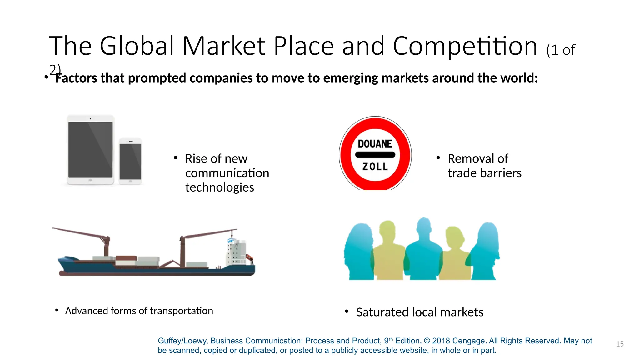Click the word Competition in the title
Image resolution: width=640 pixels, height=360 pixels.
[x=465, y=46]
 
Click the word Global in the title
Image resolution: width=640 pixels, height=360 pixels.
[x=137, y=46]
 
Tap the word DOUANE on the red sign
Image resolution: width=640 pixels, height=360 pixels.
[x=375, y=144]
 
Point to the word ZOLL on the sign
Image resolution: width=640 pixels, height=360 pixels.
[x=375, y=167]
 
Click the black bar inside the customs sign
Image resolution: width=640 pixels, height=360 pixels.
[x=375, y=155]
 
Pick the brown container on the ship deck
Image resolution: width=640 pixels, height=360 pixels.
[x=126, y=258]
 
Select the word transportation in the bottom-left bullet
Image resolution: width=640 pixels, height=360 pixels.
[x=182, y=311]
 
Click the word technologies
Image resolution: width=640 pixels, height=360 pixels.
[x=220, y=187]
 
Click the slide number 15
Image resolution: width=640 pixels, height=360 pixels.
[x=620, y=344]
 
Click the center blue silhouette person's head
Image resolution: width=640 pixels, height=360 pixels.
[x=424, y=227]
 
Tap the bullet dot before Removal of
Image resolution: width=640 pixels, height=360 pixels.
[x=438, y=158]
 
